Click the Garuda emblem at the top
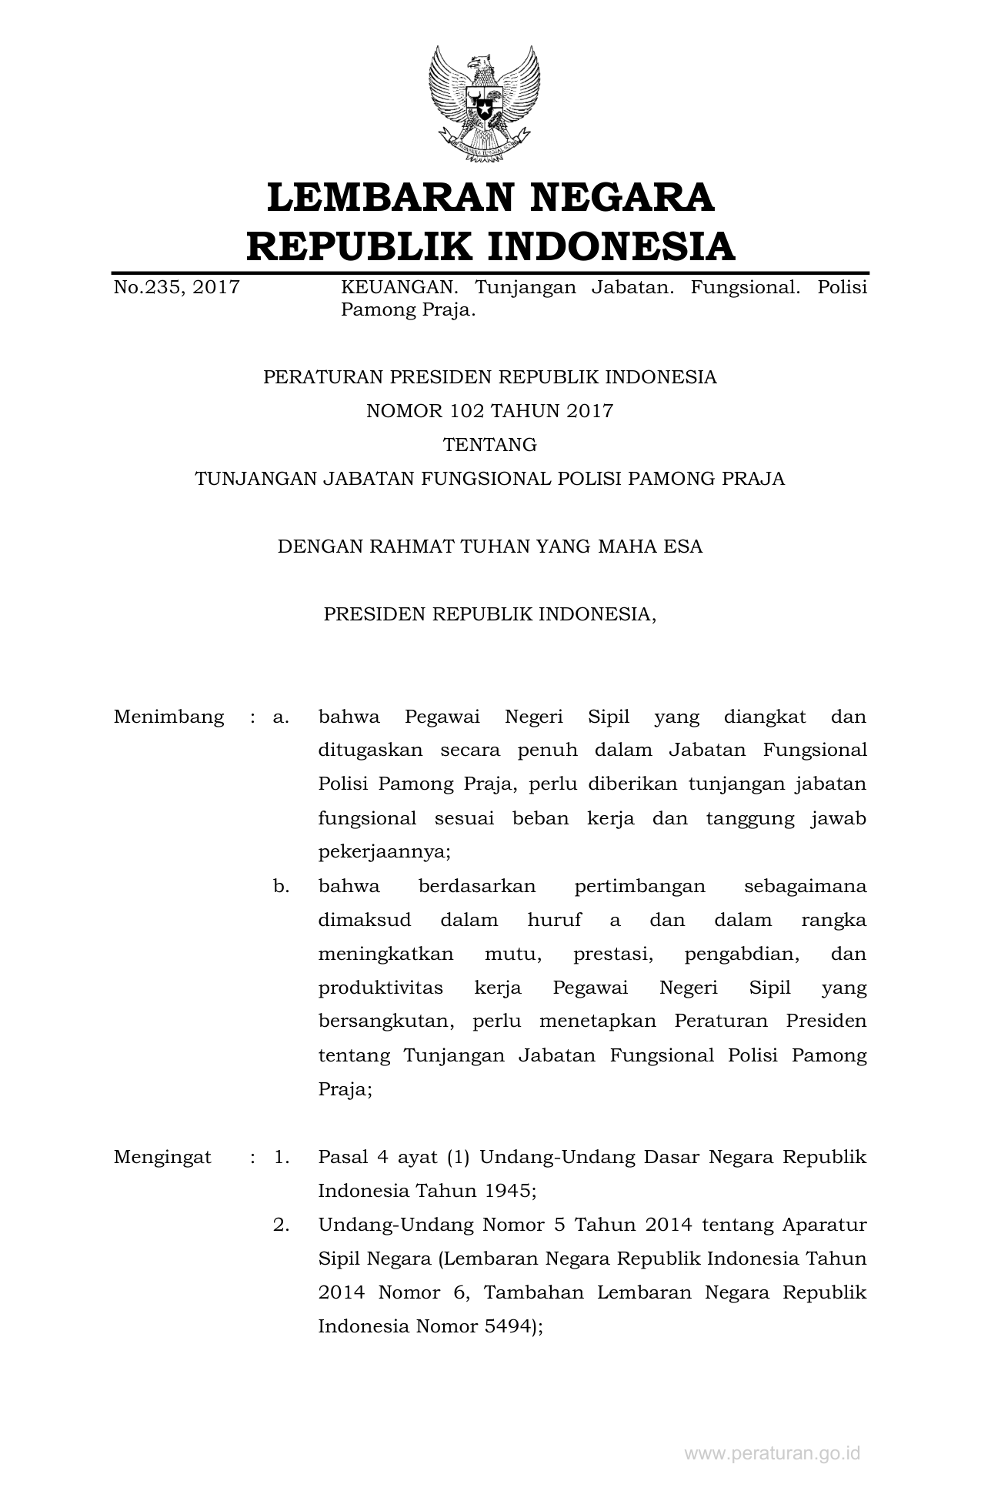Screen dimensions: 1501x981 coord(485,103)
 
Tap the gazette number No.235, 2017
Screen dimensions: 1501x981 coord(176,288)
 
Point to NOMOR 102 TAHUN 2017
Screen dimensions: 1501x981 coord(489,411)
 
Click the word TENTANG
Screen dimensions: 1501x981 coord(489,445)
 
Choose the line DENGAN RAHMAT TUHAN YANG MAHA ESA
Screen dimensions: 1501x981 coord(489,547)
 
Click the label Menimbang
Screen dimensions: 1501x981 coord(169,717)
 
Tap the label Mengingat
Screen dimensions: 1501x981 coord(162,1157)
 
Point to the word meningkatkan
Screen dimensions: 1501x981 coord(385,954)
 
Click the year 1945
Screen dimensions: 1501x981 coord(508,1191)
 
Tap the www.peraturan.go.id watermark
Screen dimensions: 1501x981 coord(772,1453)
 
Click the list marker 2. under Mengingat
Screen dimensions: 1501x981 coord(281,1225)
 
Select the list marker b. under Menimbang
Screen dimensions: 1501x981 coord(281,886)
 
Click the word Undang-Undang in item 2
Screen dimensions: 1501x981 coord(392,1225)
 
